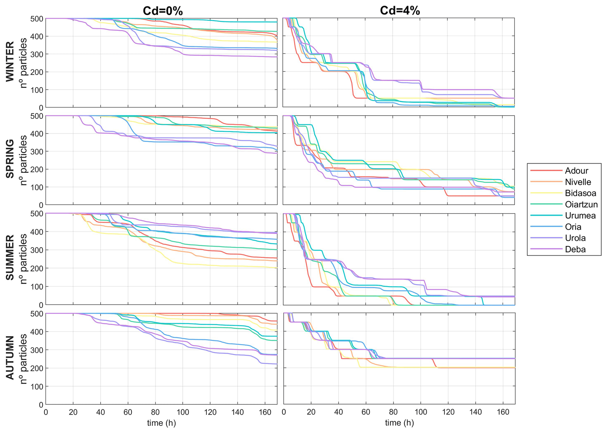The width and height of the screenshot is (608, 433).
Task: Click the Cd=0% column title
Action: click(163, 11)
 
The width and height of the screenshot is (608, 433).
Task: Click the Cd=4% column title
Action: click(400, 11)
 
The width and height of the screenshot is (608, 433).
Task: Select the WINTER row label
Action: click(10, 62)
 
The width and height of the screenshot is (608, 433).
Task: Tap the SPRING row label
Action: click(10, 159)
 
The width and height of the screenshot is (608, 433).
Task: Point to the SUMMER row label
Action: click(10, 258)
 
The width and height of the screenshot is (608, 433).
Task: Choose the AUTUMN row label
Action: click(10, 357)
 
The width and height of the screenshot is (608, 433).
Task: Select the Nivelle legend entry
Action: click(578, 182)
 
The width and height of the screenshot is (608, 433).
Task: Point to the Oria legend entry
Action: click(573, 227)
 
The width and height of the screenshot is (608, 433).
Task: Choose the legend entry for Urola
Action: click(575, 238)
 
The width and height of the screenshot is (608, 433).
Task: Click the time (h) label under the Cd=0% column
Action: click(161, 423)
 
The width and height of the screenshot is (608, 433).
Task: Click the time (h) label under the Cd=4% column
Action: click(399, 423)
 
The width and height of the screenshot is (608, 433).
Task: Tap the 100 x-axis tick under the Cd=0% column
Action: click(182, 412)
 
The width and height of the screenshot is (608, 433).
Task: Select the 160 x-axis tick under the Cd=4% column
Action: click(503, 412)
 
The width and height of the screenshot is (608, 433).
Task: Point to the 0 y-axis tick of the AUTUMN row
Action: click(41, 405)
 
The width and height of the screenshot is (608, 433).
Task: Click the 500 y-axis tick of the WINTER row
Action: click(37, 19)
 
